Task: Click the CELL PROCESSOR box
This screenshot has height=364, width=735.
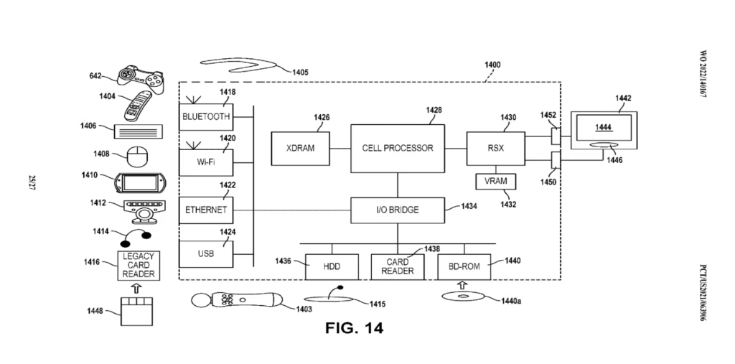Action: coord(397,149)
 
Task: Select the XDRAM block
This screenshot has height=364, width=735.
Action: coord(300,149)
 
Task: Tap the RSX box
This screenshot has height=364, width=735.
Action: coord(495,149)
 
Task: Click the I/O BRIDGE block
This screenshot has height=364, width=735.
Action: coord(397,210)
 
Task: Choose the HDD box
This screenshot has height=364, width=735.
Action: coord(330,266)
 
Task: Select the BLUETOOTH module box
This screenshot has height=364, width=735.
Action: coord(206,116)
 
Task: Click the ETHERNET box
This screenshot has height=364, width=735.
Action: coord(206,210)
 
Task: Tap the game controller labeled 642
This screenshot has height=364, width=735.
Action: coord(139,76)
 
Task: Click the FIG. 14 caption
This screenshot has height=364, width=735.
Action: coord(355,328)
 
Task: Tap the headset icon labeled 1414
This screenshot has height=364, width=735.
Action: coord(136,233)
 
